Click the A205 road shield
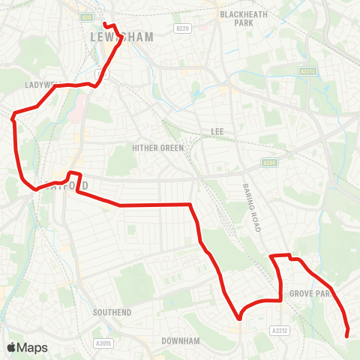point(269,162)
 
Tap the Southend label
point(112,311)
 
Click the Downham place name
point(181,340)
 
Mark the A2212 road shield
point(279,329)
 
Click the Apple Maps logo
point(28,347)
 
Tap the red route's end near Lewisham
point(103,23)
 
